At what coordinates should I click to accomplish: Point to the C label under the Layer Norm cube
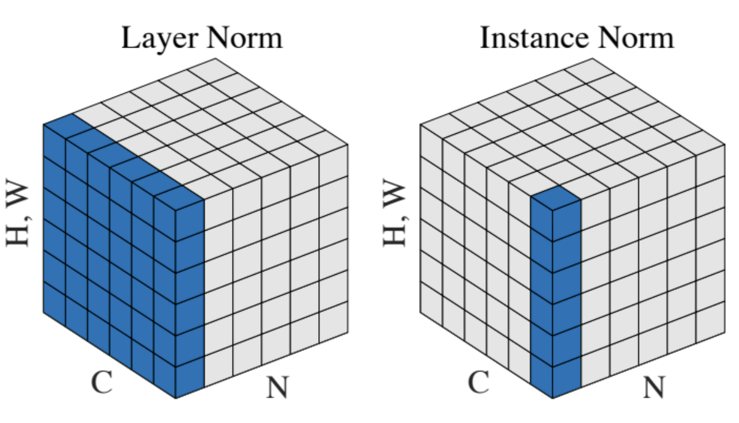102,382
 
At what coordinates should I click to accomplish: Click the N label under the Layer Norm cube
277,387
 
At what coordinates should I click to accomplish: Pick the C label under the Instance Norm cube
479,382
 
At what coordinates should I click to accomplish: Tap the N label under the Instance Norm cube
654,387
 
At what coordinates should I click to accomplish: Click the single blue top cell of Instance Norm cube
556,197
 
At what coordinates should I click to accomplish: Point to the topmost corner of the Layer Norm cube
216,58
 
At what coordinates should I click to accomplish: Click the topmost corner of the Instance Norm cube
592,58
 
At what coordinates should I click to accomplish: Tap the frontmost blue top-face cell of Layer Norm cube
179,197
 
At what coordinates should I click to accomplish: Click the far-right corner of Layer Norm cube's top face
348,144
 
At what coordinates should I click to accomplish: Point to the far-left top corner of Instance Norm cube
420,125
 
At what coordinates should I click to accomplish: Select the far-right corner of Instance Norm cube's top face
725,144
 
